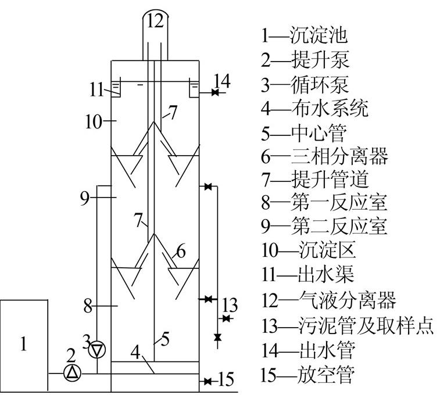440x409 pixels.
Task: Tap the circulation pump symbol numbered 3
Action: pos(97,350)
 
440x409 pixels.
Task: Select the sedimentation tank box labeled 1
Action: pos(24,344)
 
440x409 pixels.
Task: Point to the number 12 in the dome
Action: pos(156,21)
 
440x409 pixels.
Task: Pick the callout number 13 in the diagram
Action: pos(230,304)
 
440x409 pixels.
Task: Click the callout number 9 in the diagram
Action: pos(85,198)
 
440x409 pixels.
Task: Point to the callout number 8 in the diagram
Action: pos(87,306)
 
